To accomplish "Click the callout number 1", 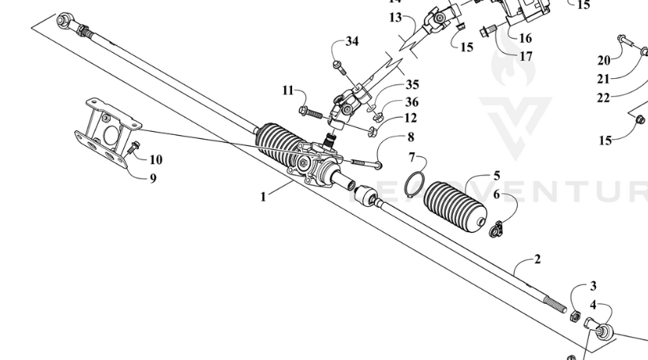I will click(x=264, y=197).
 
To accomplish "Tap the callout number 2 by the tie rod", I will click(x=538, y=259).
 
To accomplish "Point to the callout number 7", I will click(x=410, y=158).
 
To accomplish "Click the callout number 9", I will click(x=153, y=178).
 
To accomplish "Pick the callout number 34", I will click(x=352, y=41).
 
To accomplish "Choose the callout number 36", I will click(x=412, y=102).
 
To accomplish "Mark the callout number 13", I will click(x=395, y=17).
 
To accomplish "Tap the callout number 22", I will click(x=604, y=97).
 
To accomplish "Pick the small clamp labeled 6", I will click(x=495, y=231).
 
